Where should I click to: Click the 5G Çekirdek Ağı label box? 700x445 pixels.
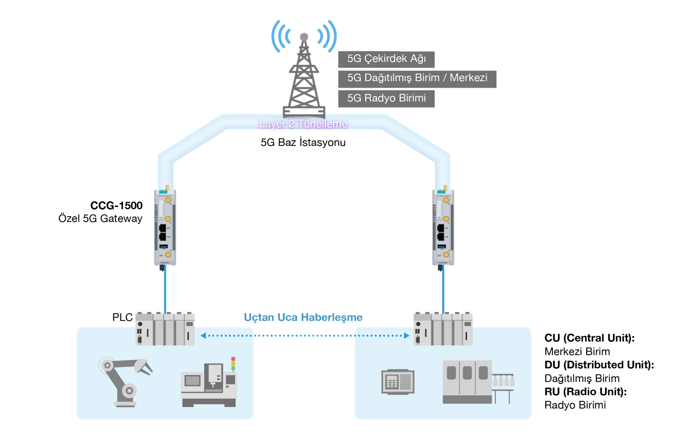386,59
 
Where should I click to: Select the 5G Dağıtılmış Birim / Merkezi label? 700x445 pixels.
417,78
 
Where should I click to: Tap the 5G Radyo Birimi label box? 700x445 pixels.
386,98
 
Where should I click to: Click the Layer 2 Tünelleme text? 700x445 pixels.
303,124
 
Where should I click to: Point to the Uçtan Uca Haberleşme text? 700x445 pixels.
303,317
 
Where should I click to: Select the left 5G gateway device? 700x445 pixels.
165,227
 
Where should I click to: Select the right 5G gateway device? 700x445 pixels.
443,227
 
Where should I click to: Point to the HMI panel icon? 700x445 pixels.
398,382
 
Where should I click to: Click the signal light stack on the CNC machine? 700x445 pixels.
233,364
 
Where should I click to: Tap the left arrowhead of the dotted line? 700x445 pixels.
203,336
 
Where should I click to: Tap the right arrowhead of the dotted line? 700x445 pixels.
406,336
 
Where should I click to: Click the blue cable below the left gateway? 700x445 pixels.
165,289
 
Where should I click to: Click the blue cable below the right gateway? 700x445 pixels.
444,289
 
